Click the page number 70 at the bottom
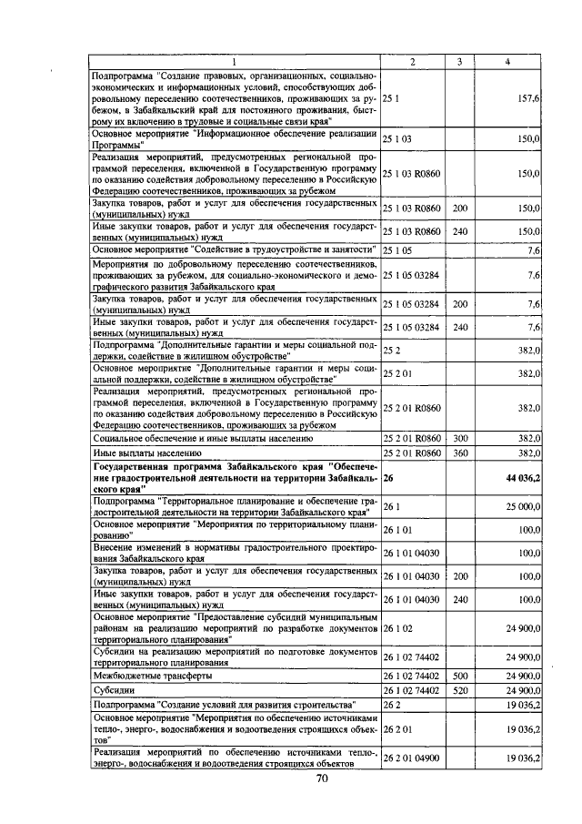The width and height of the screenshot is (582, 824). (321, 778)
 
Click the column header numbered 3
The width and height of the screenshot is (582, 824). (460, 61)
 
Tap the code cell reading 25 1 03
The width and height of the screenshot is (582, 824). (398, 138)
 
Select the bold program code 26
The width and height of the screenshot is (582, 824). (388, 476)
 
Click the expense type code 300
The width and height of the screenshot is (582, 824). (460, 438)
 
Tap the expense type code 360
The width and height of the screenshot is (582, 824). (460, 452)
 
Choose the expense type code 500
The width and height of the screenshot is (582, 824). (460, 676)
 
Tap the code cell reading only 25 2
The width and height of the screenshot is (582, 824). (391, 349)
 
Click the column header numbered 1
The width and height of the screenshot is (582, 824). (234, 61)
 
